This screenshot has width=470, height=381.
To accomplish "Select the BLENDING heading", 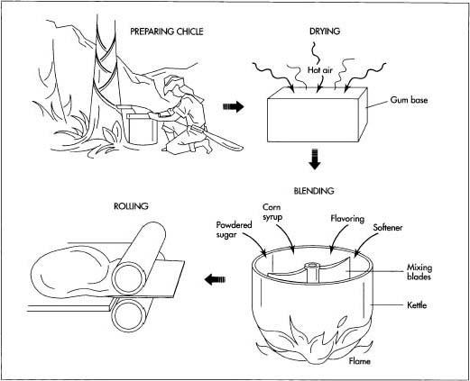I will tap(314, 191).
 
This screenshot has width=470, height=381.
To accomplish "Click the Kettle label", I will tap(416, 307).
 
